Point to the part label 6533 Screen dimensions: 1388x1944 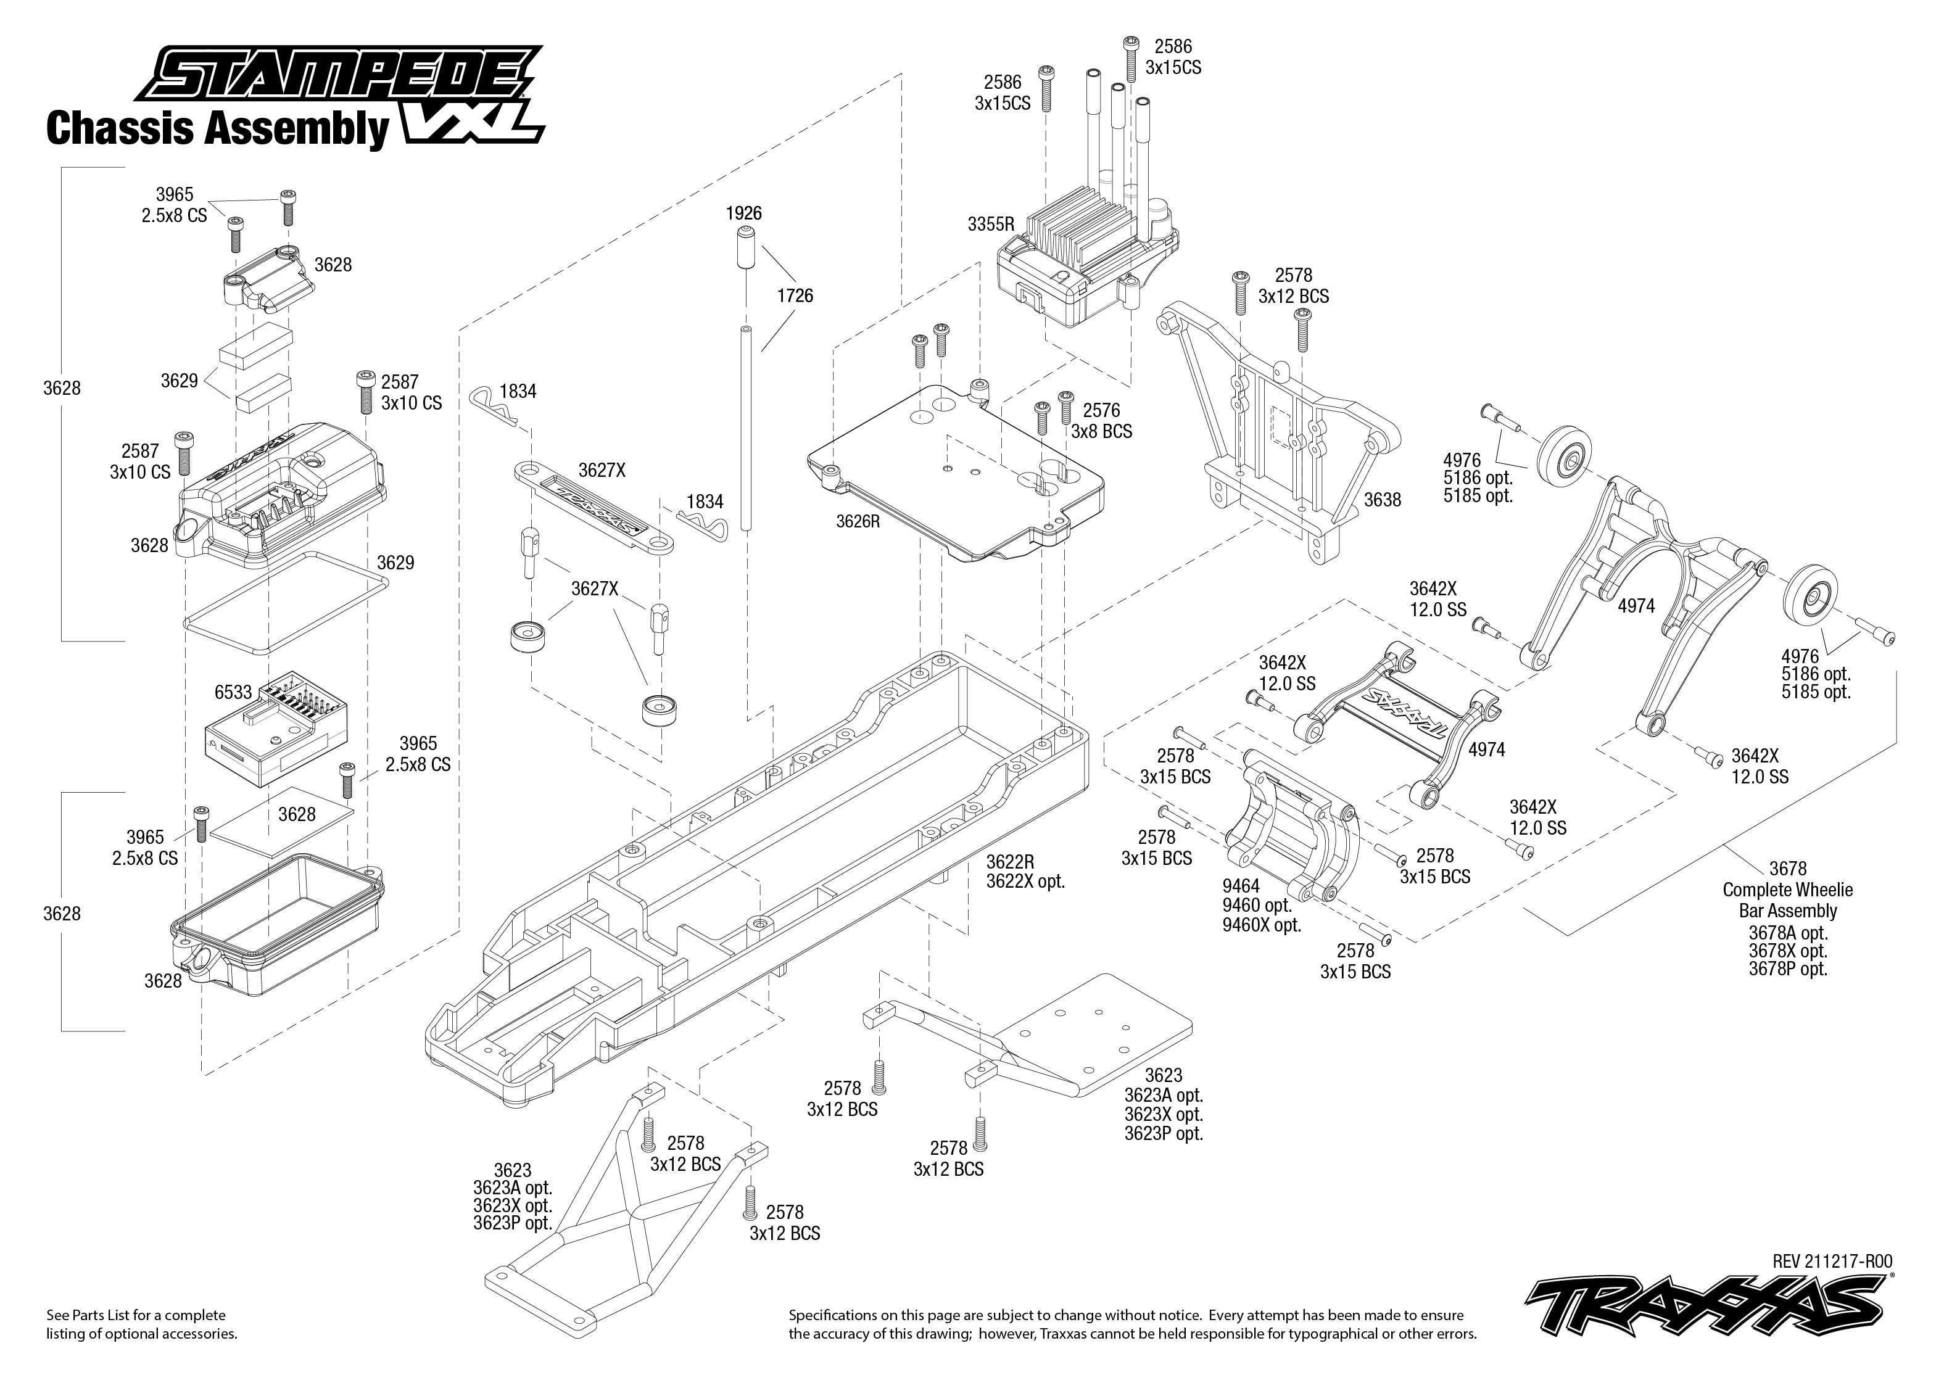pyautogui.click(x=233, y=692)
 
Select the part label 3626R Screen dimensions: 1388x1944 pyautogui.click(x=857, y=521)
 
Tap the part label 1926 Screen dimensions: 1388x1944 pyautogui.click(x=743, y=213)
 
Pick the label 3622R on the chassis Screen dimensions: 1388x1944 pyautogui.click(x=1010, y=862)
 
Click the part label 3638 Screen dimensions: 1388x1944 pyautogui.click(x=1382, y=500)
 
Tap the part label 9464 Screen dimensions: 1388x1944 pyautogui.click(x=1241, y=886)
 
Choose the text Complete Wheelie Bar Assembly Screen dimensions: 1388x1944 pyautogui.click(x=1788, y=900)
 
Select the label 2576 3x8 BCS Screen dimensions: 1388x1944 pyautogui.click(x=1101, y=421)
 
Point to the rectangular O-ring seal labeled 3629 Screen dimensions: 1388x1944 pyautogui.click(x=286, y=592)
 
